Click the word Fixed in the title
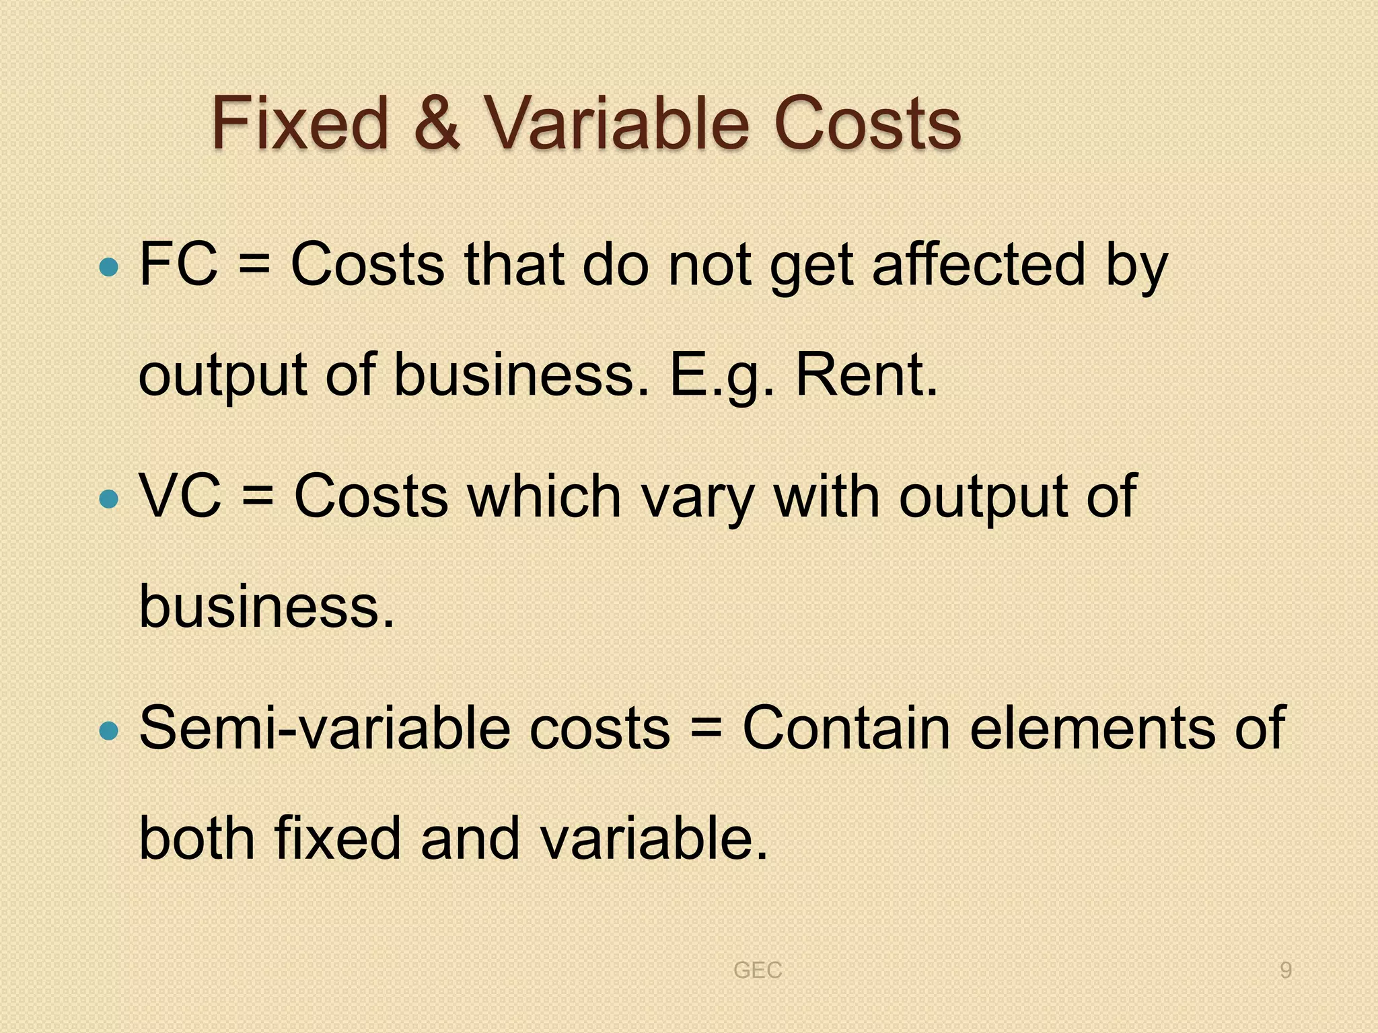(x=300, y=124)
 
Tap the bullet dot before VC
(x=108, y=500)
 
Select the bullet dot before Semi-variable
(x=108, y=730)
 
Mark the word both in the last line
(x=196, y=838)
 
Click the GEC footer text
(x=758, y=970)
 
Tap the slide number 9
(x=1285, y=970)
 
